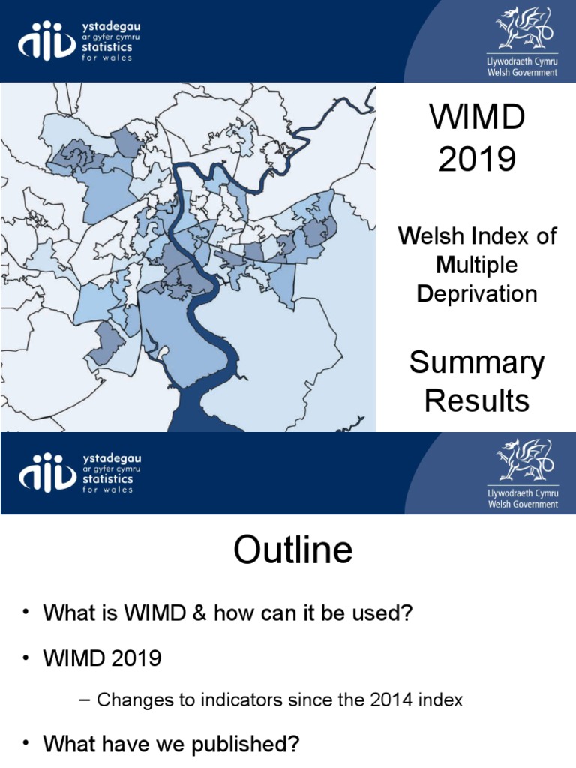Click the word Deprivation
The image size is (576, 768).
pyautogui.click(x=477, y=293)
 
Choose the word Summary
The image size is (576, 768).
pyautogui.click(x=477, y=364)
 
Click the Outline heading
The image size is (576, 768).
pyautogui.click(x=292, y=551)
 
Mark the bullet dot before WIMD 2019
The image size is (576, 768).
pyautogui.click(x=25, y=658)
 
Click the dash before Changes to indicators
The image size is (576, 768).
pyautogui.click(x=84, y=700)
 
